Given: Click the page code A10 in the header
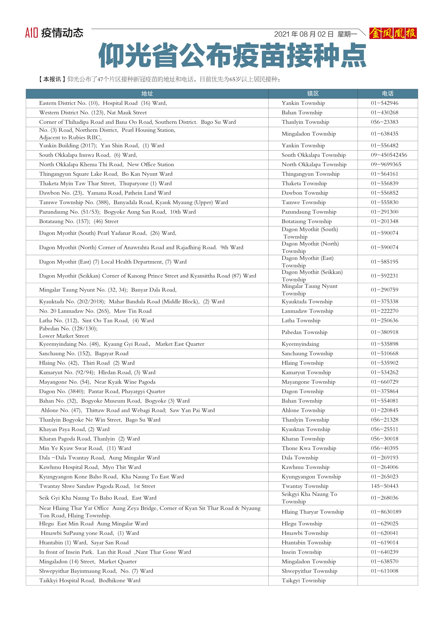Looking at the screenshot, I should [31, 33].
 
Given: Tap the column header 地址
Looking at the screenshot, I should [147, 94].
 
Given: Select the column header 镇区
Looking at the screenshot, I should [313, 94].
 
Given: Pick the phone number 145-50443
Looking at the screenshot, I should [384, 486].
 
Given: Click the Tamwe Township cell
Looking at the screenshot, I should [303, 202].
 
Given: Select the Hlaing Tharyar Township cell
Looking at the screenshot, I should [313, 512].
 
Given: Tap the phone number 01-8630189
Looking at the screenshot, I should [386, 512].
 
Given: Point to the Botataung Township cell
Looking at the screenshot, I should [306, 221].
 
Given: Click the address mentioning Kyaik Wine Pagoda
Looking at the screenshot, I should [97, 382].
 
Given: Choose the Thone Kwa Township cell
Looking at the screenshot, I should [309, 448].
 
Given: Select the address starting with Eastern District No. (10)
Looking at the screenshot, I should [103, 103].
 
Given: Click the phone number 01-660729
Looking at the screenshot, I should [384, 382].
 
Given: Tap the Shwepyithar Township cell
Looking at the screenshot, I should [309, 571].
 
